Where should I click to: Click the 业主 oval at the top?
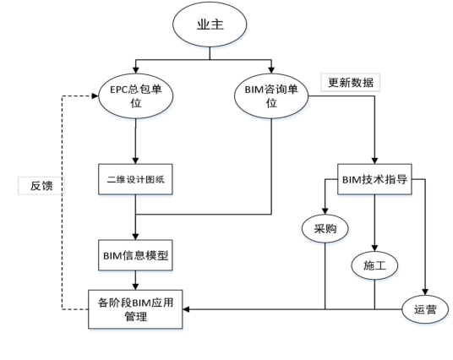coord(202,25)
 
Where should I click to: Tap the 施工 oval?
coord(374,265)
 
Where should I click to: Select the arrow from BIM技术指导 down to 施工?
coord(374,224)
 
